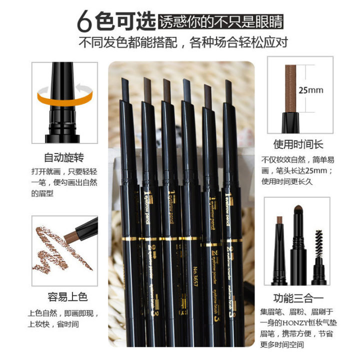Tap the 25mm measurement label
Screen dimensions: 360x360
point(310,90)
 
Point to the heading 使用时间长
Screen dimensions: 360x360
point(298,145)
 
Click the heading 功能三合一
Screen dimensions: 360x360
point(298,295)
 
